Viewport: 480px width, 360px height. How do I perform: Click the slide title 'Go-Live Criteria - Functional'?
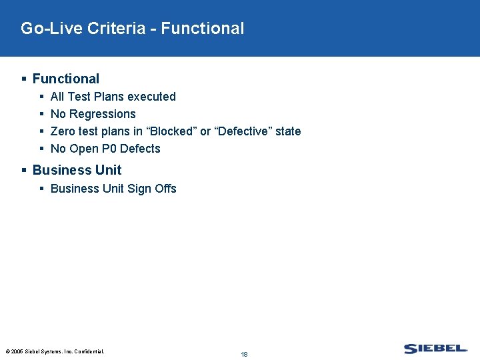coord(132,29)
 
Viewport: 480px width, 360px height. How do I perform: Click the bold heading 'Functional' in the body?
coord(65,79)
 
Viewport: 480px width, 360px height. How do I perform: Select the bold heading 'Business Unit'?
coord(77,170)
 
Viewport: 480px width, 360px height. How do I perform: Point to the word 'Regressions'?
coord(103,114)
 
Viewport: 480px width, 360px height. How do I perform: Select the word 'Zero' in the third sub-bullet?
coord(63,131)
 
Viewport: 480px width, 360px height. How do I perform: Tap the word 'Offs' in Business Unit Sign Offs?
coord(165,189)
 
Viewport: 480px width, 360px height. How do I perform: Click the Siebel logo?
coord(435,349)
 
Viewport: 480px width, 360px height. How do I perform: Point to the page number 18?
coord(244,354)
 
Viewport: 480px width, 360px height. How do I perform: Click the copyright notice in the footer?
coord(55,351)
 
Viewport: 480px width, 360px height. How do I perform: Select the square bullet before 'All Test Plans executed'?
coord(41,97)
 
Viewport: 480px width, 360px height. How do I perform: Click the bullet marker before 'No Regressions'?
coord(41,114)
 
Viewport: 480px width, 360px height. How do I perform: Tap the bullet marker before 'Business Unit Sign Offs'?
coord(41,189)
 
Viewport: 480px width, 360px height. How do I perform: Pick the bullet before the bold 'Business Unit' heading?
coord(24,170)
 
